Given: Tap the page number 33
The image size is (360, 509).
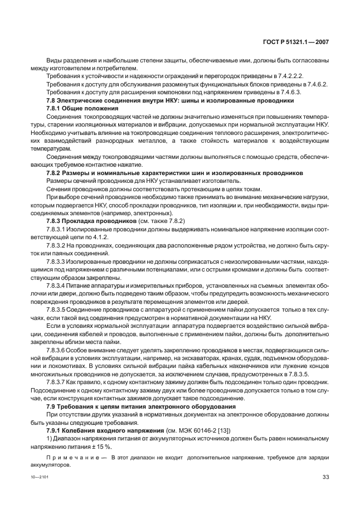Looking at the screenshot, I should pos(325,477).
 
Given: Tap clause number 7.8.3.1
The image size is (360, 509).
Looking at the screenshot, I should pos(56,230).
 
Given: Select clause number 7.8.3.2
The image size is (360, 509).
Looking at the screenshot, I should pos(56,246).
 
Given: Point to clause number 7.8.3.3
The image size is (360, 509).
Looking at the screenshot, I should pos(56,262).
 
